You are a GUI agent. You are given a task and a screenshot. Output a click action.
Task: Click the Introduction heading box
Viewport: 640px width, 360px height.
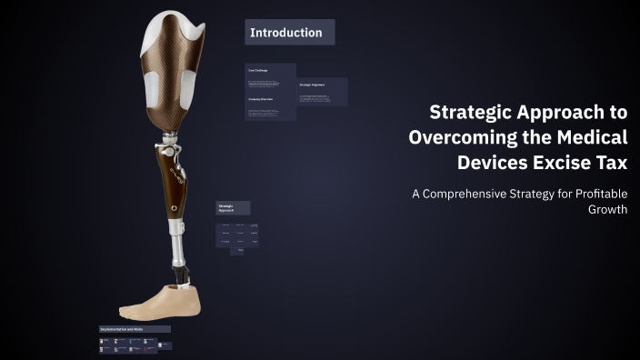click(x=289, y=33)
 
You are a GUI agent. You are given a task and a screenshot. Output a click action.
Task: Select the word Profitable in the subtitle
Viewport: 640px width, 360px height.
click(x=596, y=193)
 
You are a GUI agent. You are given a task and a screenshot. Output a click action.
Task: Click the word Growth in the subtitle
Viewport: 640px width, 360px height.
click(x=608, y=209)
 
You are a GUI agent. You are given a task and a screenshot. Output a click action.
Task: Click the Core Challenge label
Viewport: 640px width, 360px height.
click(x=259, y=70)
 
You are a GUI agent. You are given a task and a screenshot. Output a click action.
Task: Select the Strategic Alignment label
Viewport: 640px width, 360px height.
click(x=313, y=85)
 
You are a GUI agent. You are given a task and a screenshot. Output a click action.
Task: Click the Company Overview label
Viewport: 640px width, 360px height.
click(x=261, y=99)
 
